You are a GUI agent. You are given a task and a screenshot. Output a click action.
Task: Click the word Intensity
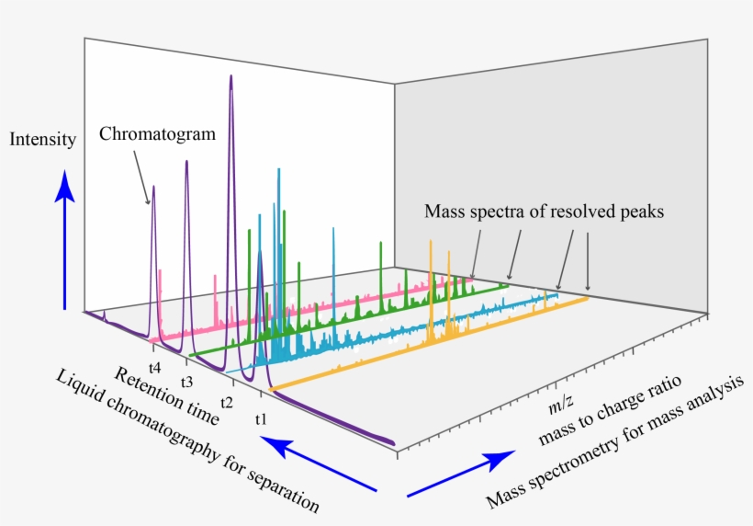click(41, 140)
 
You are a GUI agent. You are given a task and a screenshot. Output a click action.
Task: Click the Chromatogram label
click(157, 134)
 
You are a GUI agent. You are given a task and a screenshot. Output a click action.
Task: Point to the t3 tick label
click(186, 381)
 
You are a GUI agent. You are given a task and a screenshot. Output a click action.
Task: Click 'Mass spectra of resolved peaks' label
click(544, 212)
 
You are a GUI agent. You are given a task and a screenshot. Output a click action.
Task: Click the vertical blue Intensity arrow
click(64, 239)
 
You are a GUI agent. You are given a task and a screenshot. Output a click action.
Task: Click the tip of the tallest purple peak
click(230, 76)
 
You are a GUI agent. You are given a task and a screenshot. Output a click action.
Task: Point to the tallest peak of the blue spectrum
click(277, 171)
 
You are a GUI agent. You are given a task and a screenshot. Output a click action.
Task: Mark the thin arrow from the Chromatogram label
click(141, 175)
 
